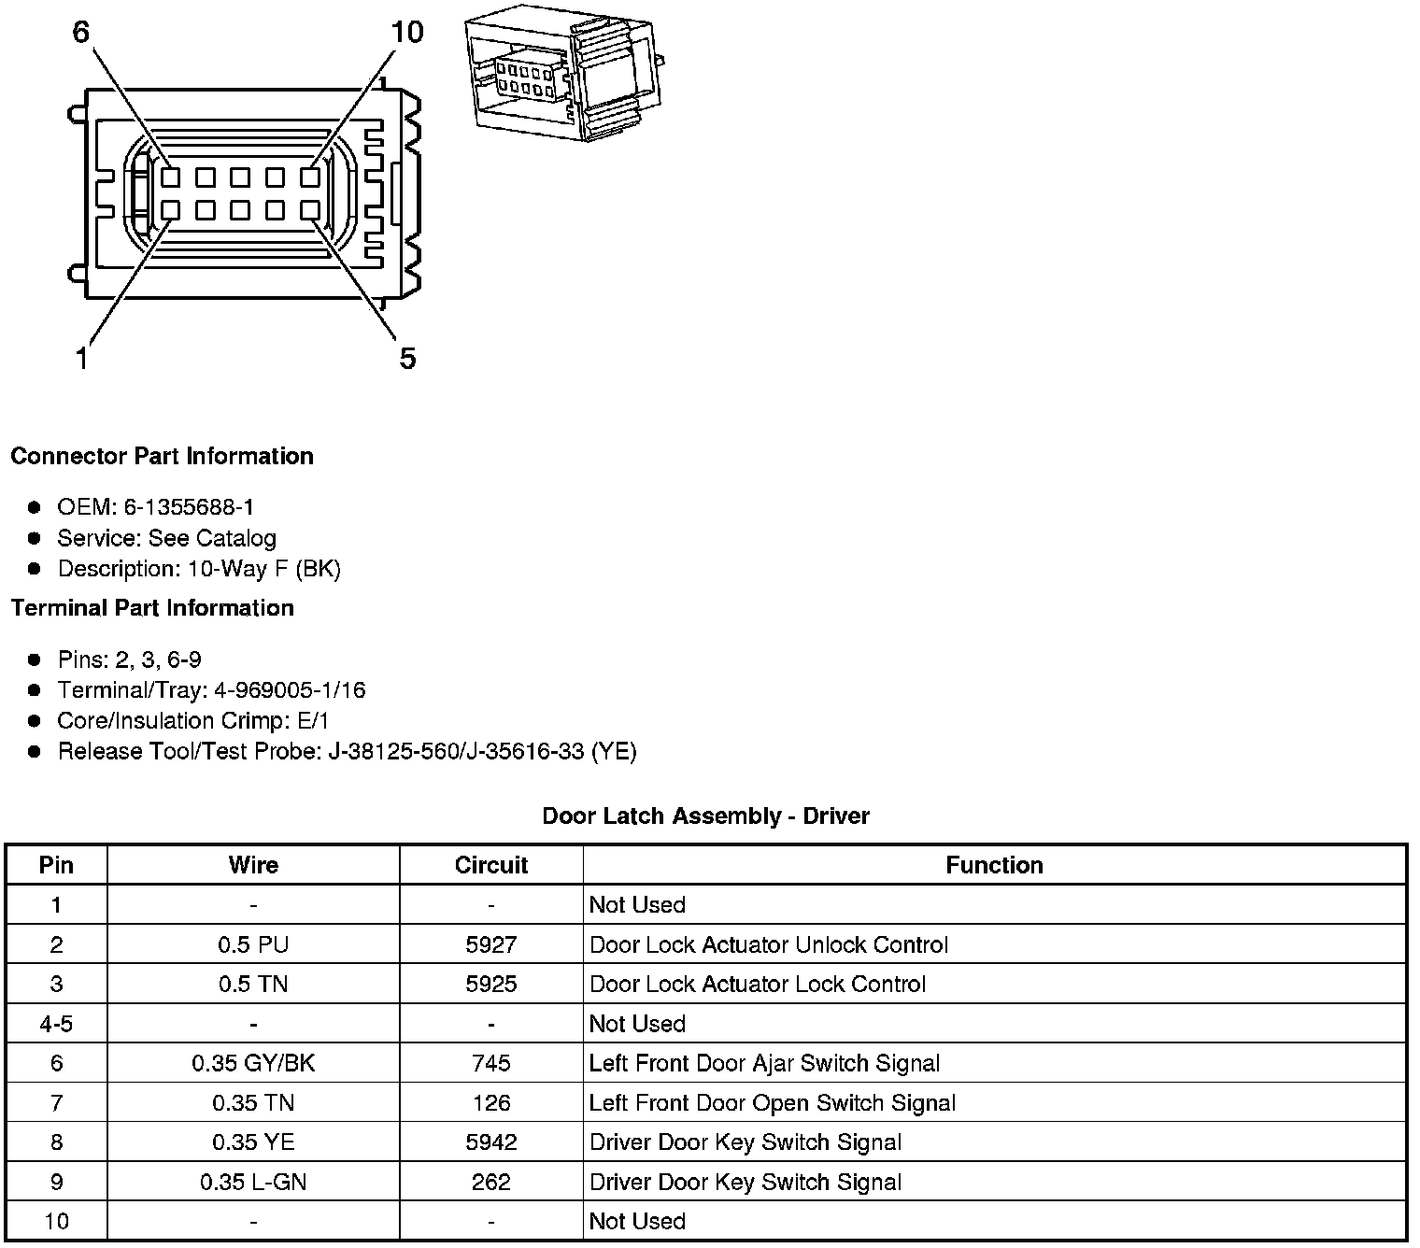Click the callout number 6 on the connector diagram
tap(80, 33)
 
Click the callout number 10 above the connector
tap(407, 33)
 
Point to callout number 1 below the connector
tap(82, 358)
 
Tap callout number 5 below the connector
tap(407, 358)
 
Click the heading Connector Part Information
tap(162, 456)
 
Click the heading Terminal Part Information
tap(152, 608)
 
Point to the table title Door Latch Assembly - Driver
tap(705, 815)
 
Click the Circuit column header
tap(491, 865)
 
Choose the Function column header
tap(994, 865)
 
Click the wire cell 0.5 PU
tap(253, 944)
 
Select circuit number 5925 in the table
tap(491, 984)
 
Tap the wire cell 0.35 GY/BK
tap(253, 1063)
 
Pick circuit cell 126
tap(491, 1103)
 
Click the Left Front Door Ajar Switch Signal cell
tap(764, 1063)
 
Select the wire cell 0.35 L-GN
tap(253, 1182)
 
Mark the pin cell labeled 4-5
tap(56, 1024)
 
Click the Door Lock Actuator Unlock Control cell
tap(768, 944)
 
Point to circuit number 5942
tap(491, 1142)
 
